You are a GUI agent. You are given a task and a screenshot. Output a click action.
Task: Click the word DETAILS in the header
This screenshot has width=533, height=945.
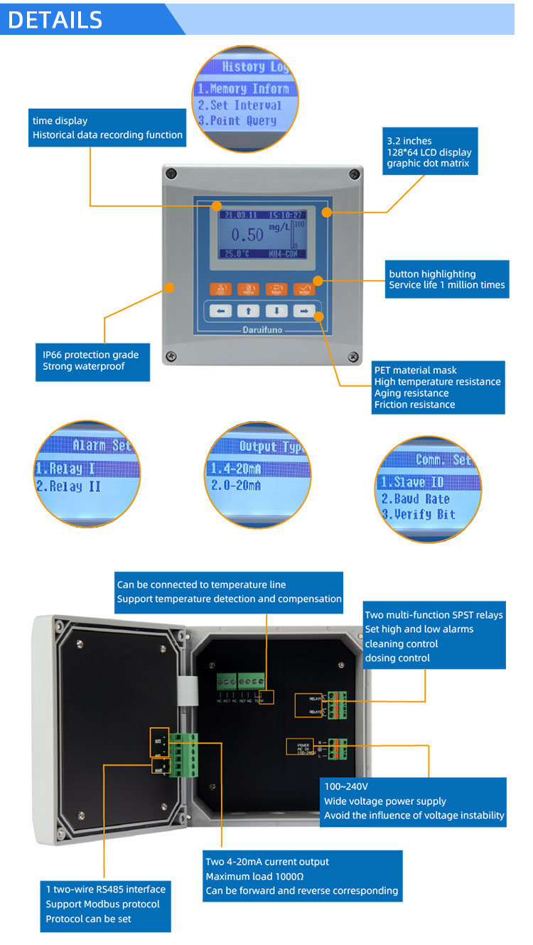(55, 19)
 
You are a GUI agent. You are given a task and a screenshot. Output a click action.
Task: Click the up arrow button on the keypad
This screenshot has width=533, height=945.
(248, 311)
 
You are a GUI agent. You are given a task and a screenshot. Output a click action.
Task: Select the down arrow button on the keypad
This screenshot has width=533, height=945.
(276, 311)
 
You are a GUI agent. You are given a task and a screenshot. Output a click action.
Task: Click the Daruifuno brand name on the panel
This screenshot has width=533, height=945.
(262, 330)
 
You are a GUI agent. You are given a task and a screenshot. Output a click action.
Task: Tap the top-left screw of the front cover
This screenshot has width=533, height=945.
(169, 172)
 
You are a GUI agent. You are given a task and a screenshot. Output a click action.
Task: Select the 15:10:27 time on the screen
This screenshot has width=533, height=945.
(283, 214)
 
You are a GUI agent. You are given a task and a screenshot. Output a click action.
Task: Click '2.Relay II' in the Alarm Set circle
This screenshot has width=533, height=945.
(68, 486)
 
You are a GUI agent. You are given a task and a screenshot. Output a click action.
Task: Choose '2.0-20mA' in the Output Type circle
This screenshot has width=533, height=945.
(236, 485)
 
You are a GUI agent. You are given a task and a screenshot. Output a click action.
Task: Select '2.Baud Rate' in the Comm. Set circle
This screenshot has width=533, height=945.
(416, 498)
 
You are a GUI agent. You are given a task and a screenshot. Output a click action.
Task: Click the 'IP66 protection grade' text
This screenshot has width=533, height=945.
(90, 355)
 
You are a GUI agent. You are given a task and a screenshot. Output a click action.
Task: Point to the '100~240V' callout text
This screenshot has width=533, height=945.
(346, 786)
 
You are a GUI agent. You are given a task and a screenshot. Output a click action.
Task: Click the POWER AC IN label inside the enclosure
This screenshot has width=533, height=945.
(299, 747)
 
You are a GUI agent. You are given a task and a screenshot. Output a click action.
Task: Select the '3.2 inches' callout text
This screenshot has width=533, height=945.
(409, 141)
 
